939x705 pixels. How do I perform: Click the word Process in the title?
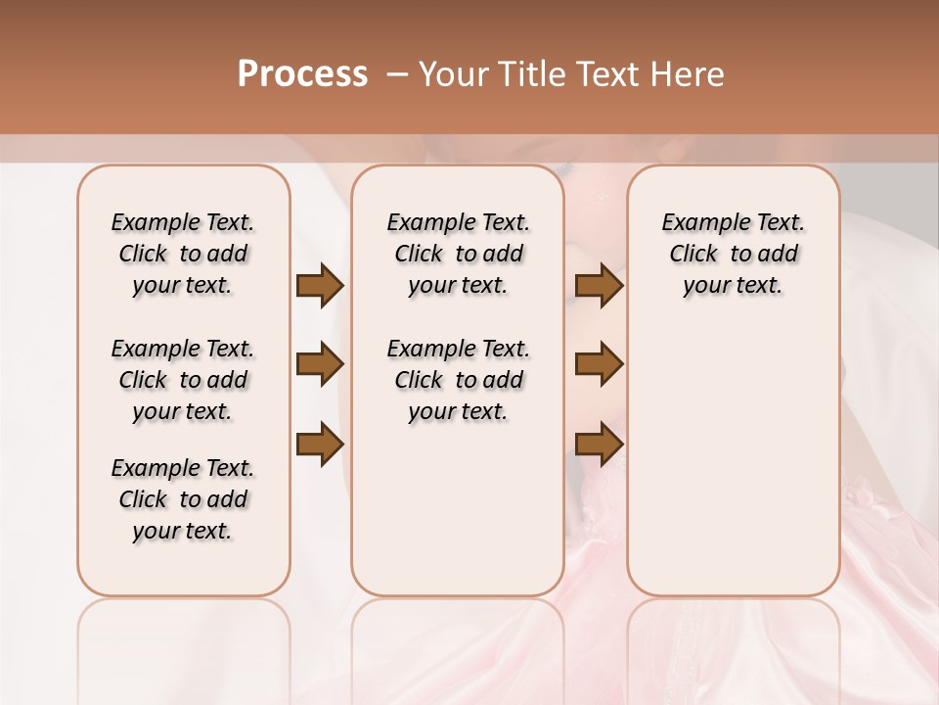click(x=302, y=74)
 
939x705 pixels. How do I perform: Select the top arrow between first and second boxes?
click(x=320, y=286)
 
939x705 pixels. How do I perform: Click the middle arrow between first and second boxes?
click(x=320, y=365)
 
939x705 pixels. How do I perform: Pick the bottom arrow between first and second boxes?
click(x=320, y=444)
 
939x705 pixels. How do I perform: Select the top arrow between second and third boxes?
click(x=599, y=286)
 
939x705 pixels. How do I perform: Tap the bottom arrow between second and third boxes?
click(x=599, y=444)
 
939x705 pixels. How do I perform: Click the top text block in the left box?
click(x=183, y=254)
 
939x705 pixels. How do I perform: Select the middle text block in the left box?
click(x=183, y=380)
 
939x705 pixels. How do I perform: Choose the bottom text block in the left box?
click(x=183, y=499)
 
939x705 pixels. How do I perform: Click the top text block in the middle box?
click(x=459, y=254)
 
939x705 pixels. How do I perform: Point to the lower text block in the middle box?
click(x=459, y=380)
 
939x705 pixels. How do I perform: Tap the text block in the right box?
click(x=734, y=254)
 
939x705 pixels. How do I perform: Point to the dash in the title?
click(x=395, y=74)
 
